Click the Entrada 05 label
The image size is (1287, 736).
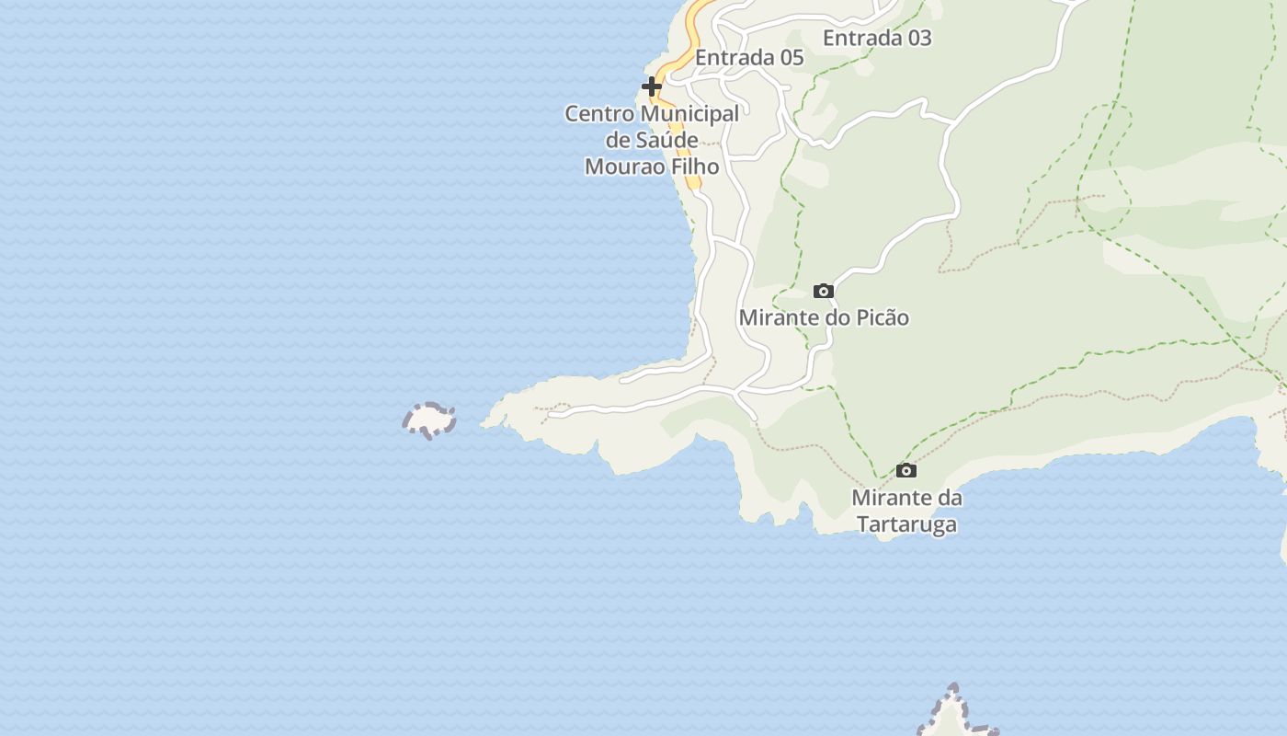coord(749,58)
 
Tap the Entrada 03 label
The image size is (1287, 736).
coord(877,38)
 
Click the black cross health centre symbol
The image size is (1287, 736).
coord(652,86)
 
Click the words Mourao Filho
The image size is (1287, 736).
coord(652,167)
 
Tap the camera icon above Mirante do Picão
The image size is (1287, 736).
coord(824,292)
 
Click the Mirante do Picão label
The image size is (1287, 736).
coord(824,318)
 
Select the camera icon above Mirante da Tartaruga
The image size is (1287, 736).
coord(906,471)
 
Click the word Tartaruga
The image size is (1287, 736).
coord(907,525)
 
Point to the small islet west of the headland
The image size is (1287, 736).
coord(429,420)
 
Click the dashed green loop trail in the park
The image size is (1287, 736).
coord(1103,170)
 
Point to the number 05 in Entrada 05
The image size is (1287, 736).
coord(792,58)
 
